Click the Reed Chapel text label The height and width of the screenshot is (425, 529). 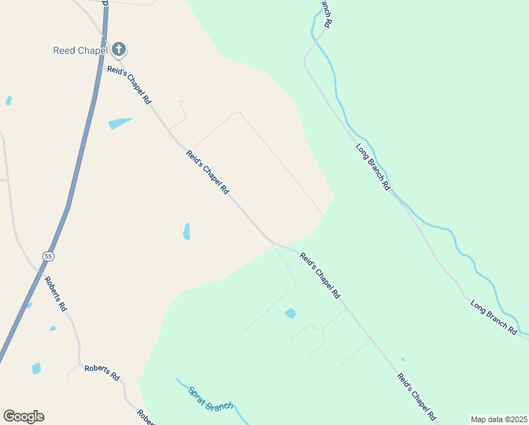click(80, 50)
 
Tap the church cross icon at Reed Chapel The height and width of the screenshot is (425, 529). click(119, 50)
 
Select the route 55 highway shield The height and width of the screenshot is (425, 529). click(47, 256)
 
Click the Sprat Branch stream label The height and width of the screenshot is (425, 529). click(210, 398)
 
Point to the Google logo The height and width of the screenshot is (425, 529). click(23, 416)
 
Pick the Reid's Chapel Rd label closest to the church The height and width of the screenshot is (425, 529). click(129, 85)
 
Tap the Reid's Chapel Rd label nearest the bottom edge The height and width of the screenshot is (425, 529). click(415, 397)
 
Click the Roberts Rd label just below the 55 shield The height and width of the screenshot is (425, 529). click(55, 293)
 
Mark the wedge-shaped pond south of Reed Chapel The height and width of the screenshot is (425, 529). click(120, 123)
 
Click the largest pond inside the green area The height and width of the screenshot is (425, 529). click(290, 313)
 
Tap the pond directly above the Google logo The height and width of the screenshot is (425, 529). click(36, 368)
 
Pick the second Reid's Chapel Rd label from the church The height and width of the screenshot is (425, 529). click(207, 172)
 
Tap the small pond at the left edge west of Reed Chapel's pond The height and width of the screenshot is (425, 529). click(8, 101)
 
